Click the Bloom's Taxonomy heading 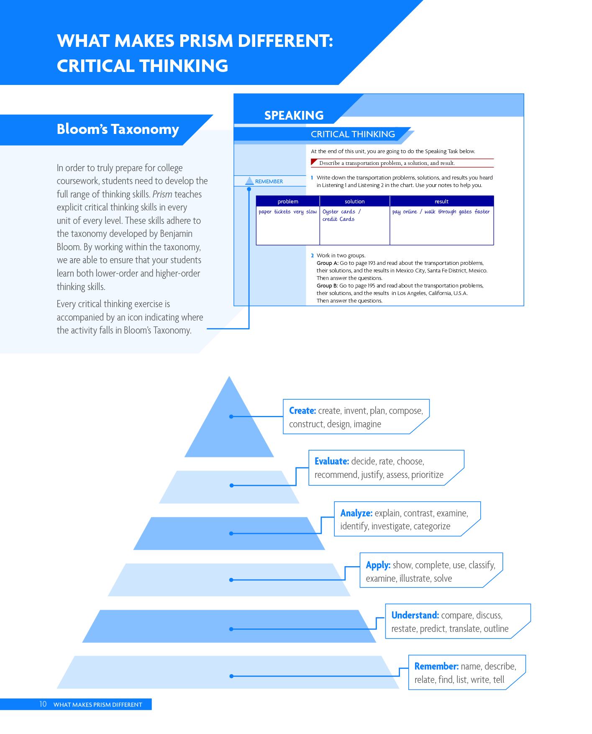click(x=118, y=129)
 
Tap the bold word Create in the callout click(x=302, y=411)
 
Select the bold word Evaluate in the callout click(x=332, y=461)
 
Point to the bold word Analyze click(x=356, y=513)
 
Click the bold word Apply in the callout click(x=378, y=565)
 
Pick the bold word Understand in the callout click(x=415, y=615)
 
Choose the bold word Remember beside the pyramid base click(x=436, y=666)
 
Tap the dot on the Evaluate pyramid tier click(x=231, y=485)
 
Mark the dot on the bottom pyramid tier click(x=231, y=676)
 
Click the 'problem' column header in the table click(x=288, y=201)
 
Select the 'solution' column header click(x=355, y=201)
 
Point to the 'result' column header click(x=442, y=201)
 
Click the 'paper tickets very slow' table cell click(x=288, y=212)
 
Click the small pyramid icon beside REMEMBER click(x=249, y=181)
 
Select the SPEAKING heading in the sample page click(x=294, y=115)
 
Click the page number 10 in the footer click(x=43, y=704)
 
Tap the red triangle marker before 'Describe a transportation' click(x=314, y=162)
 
